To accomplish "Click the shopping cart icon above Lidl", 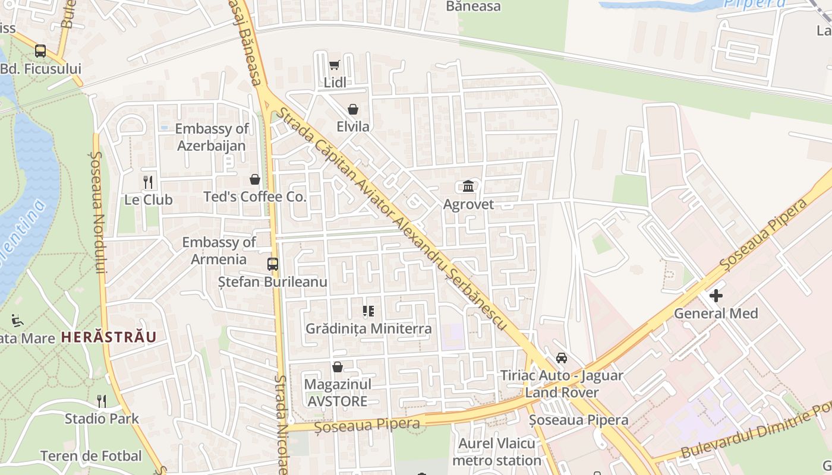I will tap(335, 65).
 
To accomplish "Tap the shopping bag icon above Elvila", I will tap(353, 109).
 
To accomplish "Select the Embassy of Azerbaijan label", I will tap(212, 137).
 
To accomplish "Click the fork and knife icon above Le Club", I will tap(148, 182).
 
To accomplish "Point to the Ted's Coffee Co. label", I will tap(255, 197).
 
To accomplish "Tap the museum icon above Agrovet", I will tap(468, 186).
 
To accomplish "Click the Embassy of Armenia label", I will tap(219, 251).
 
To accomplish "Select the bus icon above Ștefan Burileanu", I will tap(273, 264).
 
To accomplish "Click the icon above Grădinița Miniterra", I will tap(368, 311).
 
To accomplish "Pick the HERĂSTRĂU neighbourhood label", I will tap(109, 337).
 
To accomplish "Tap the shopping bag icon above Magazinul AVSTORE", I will tap(338, 367).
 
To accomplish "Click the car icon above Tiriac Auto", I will tap(561, 357).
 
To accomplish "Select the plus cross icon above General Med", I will tap(716, 295).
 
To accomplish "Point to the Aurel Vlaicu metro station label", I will tap(497, 452).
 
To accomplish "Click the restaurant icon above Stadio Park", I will tap(102, 401).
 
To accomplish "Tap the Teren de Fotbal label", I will tap(91, 456).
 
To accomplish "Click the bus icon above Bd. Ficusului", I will tap(40, 51).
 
